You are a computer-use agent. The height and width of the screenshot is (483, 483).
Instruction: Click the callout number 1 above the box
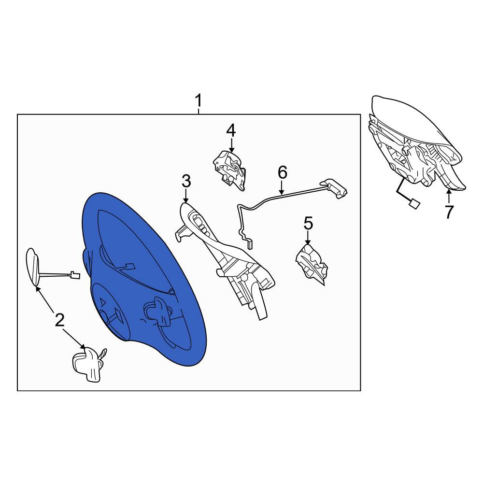pos(199,100)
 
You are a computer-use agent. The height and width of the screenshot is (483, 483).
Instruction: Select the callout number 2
pos(59,320)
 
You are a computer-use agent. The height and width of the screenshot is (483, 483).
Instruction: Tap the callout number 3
pos(186,181)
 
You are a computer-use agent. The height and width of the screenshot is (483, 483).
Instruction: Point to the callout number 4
pos(231,130)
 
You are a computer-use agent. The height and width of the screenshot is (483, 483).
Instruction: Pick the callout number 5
pos(308,223)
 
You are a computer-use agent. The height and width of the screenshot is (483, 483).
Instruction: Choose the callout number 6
pos(282,172)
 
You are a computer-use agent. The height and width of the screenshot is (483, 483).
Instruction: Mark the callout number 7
pos(449,212)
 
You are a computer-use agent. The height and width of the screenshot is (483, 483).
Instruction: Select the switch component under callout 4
pos(230,170)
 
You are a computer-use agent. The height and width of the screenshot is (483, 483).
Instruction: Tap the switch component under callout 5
pos(312,265)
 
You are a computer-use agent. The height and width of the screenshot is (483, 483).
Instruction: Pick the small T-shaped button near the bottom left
pos(88,364)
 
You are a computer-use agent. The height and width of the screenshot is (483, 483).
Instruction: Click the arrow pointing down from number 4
pos(231,144)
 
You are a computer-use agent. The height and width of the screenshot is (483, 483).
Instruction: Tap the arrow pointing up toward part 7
pos(449,197)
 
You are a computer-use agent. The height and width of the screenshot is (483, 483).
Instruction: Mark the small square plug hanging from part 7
pos(413,204)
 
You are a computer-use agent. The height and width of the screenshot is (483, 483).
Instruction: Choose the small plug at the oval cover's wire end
pos(75,274)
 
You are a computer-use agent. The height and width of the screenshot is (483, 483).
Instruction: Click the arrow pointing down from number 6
pos(282,187)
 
